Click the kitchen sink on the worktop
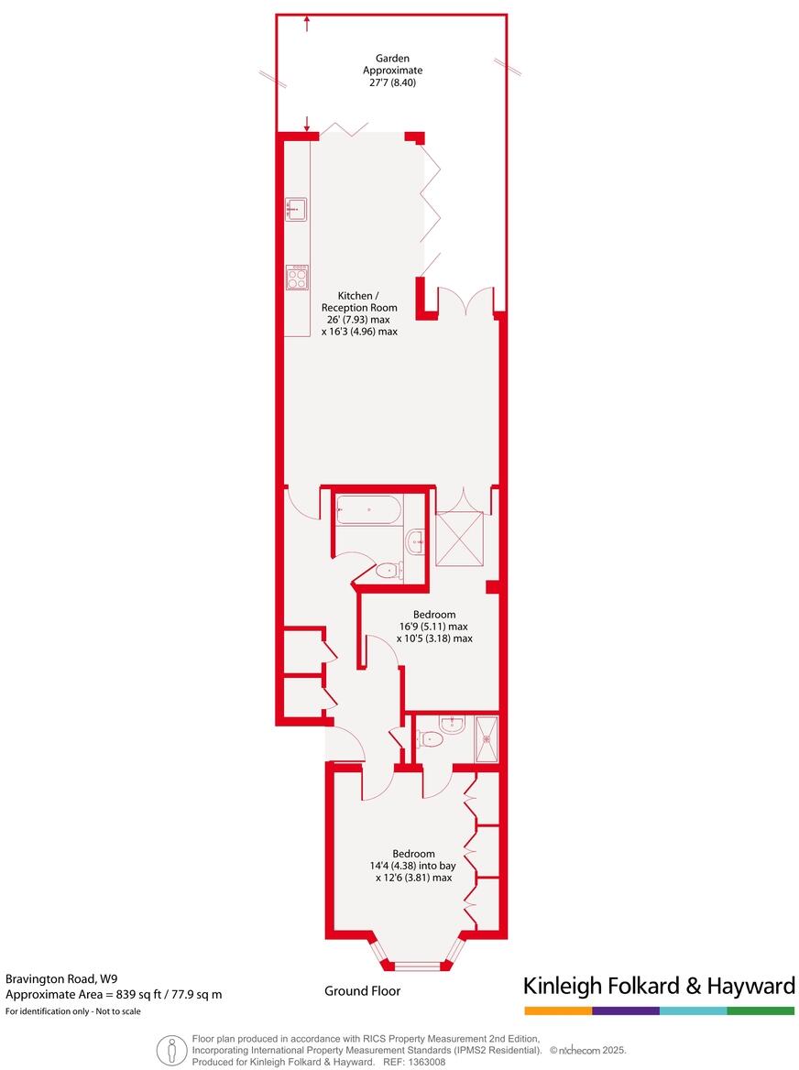[x=296, y=209]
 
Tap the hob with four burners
[x=296, y=277]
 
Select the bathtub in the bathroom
[x=367, y=509]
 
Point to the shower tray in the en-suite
[x=487, y=737]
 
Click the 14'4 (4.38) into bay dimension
[x=413, y=865]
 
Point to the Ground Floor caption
[x=362, y=990]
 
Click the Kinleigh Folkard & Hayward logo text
[x=658, y=986]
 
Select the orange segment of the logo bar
[x=558, y=1010]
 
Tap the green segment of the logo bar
[x=761, y=1010]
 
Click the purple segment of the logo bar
[x=626, y=1010]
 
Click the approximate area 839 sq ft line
[x=114, y=994]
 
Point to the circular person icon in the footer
[x=171, y=1050]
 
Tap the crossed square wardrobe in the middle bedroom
[x=459, y=537]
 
